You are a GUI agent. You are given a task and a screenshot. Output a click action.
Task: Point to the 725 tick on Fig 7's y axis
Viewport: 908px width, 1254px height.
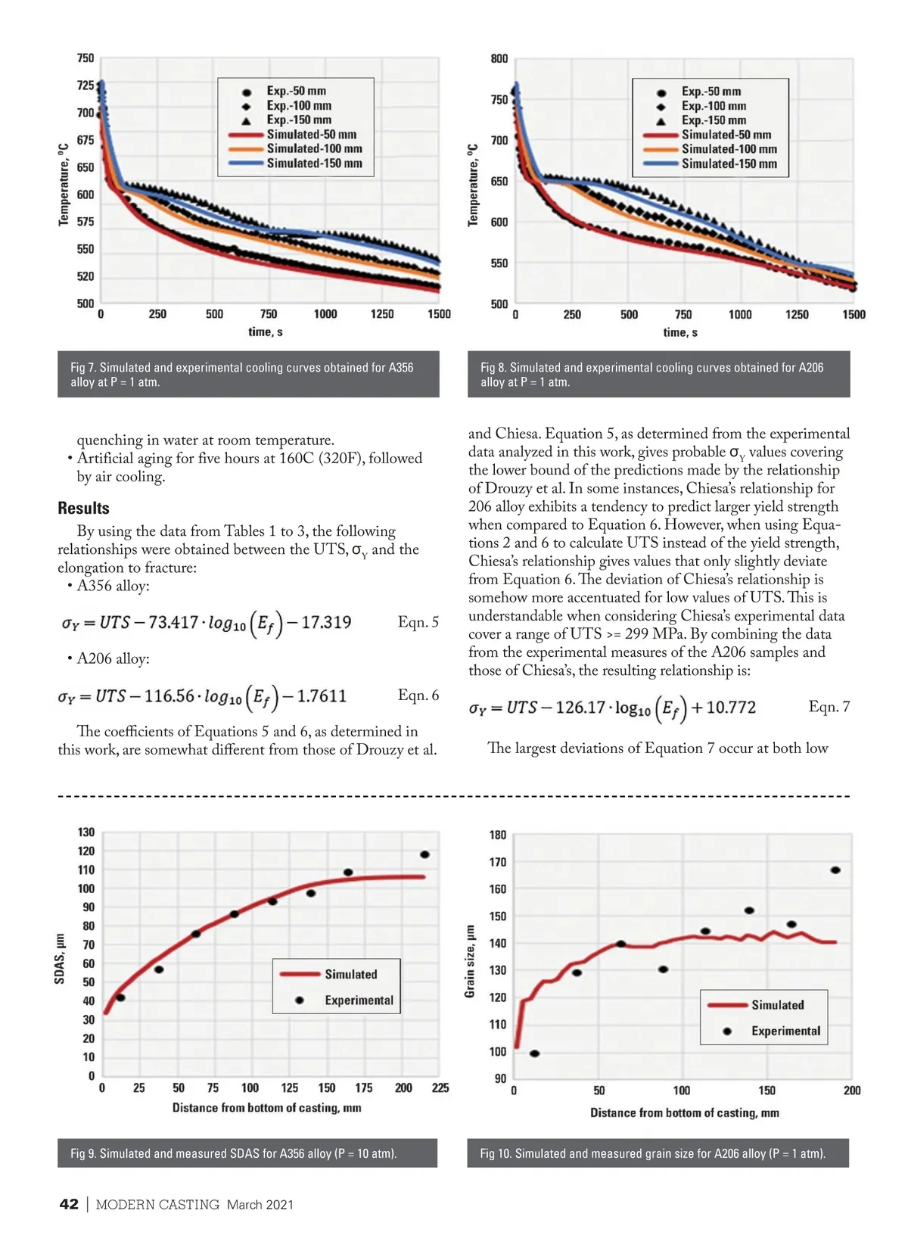[86, 86]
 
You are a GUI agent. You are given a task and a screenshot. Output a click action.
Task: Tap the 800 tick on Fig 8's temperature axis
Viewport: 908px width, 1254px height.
[499, 59]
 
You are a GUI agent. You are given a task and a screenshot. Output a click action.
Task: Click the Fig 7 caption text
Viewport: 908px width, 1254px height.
[242, 375]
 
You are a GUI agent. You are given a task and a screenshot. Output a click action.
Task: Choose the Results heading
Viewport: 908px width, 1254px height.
[83, 509]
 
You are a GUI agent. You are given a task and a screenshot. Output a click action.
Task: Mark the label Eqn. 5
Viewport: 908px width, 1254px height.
[418, 623]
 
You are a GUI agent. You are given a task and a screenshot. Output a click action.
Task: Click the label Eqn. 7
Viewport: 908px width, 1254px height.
[829, 707]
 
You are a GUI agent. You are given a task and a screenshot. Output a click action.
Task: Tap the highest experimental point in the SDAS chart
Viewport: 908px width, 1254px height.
[424, 854]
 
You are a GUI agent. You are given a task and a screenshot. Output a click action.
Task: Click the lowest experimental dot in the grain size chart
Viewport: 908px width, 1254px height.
[534, 1053]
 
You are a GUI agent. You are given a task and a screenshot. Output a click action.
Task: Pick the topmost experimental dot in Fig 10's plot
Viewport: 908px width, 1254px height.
[835, 870]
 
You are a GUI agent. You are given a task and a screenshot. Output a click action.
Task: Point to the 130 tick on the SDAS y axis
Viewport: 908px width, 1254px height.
[86, 832]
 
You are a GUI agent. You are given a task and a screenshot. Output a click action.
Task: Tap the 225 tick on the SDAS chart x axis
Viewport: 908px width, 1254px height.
[440, 1088]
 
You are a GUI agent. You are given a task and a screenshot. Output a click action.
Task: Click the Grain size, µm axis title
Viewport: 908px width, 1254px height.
[470, 961]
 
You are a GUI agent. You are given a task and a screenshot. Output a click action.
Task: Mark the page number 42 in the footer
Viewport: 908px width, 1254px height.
[69, 1205]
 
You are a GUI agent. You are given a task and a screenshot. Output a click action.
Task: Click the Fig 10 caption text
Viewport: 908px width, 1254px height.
[652, 1153]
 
